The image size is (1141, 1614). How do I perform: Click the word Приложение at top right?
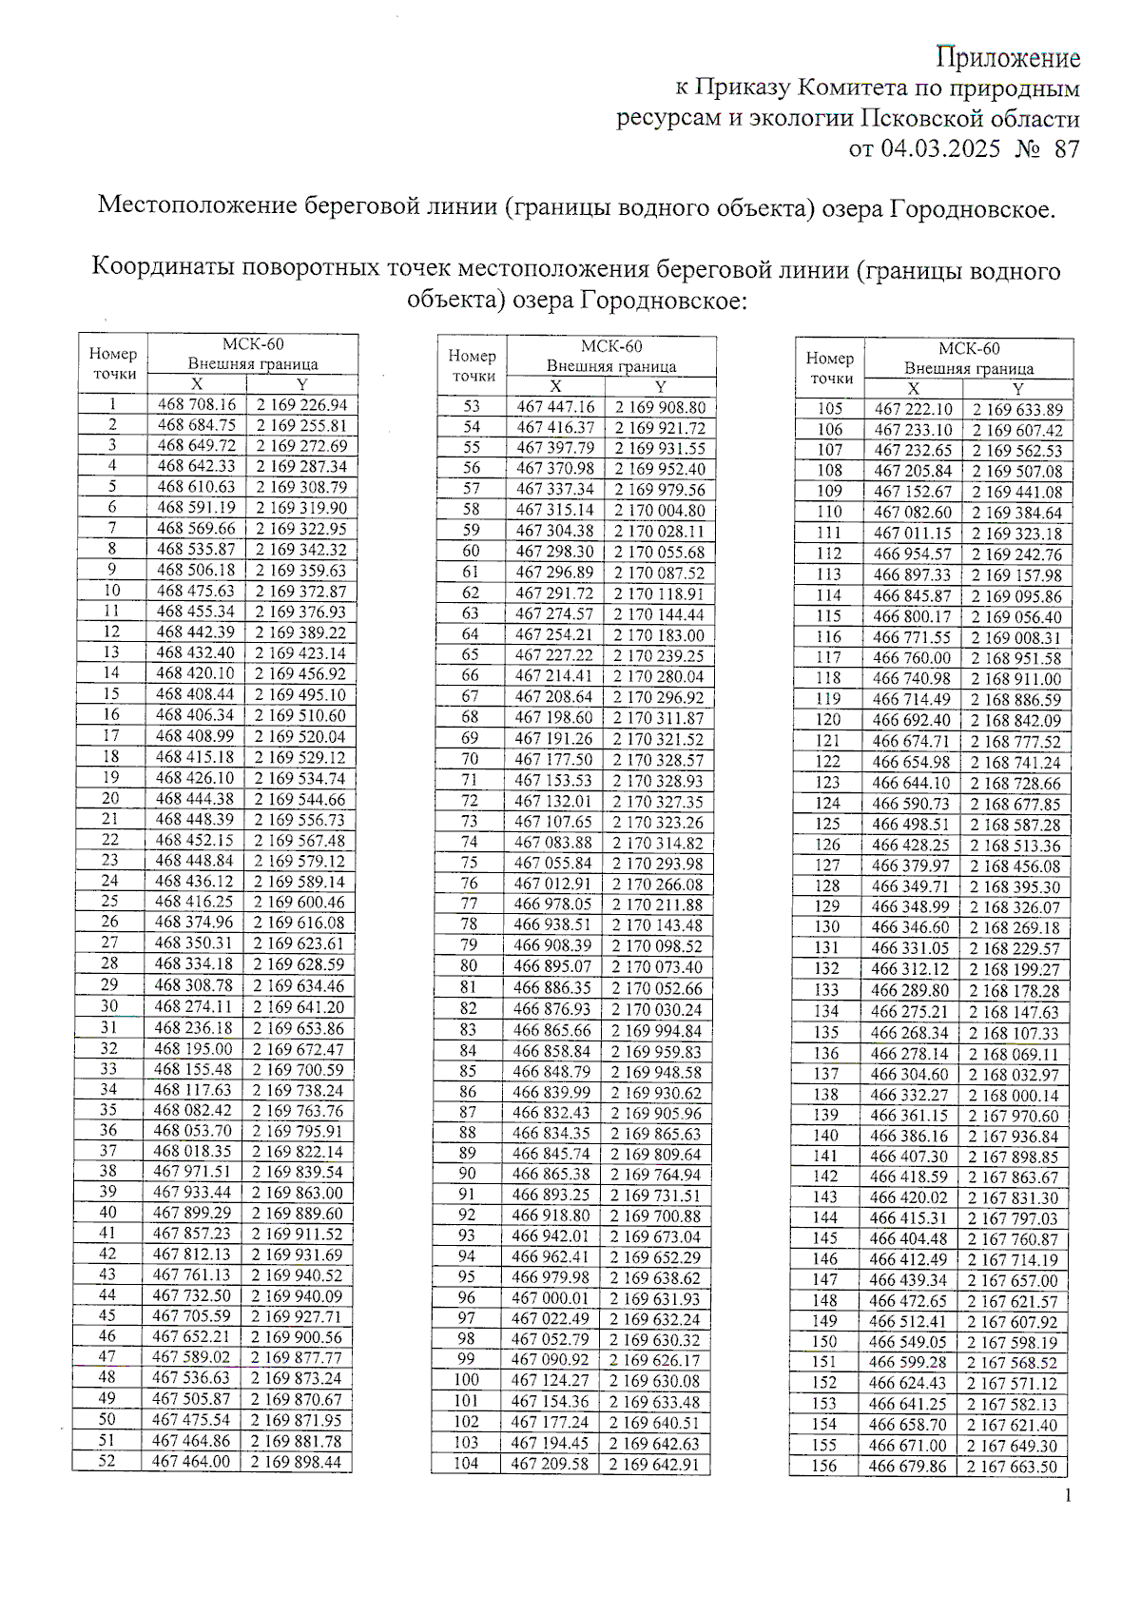[1008, 58]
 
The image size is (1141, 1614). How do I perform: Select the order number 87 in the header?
[1067, 148]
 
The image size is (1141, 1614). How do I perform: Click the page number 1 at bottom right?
[1068, 1496]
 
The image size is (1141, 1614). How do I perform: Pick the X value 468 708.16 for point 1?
[197, 404]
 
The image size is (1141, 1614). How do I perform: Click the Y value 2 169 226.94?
[301, 404]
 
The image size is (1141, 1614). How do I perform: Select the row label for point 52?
[106, 1461]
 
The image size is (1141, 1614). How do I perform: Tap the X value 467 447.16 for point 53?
[555, 407]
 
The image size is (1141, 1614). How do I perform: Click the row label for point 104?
[466, 1464]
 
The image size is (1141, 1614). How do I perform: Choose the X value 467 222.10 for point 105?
[913, 409]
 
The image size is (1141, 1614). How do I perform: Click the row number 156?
[824, 1466]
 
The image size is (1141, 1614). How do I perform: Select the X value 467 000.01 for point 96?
[551, 1298]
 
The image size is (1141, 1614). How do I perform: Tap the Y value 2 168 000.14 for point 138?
[1014, 1095]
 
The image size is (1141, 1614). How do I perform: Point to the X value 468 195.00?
[193, 1048]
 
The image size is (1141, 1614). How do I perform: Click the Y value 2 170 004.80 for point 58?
[659, 510]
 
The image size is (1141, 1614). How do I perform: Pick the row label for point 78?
[469, 924]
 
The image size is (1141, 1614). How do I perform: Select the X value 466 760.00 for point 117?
[911, 658]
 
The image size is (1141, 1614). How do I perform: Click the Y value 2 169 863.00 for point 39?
[297, 1193]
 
